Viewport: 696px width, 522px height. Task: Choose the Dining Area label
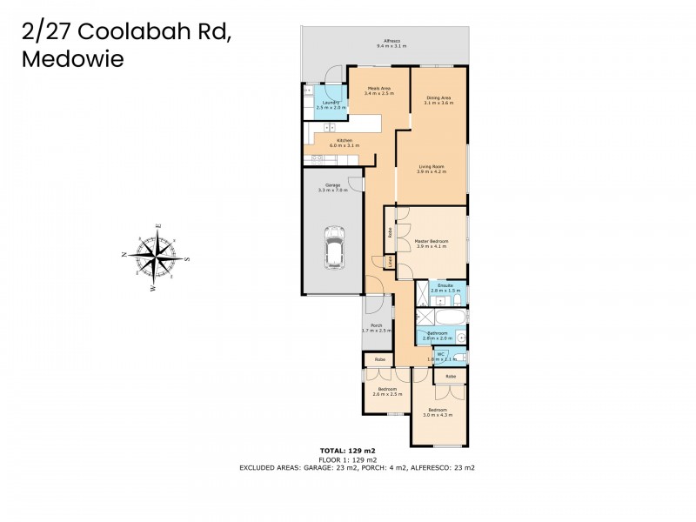(x=438, y=101)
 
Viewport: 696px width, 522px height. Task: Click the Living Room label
(x=432, y=170)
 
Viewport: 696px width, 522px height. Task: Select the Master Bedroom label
(x=431, y=244)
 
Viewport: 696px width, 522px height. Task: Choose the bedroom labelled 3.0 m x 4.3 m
(x=437, y=412)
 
